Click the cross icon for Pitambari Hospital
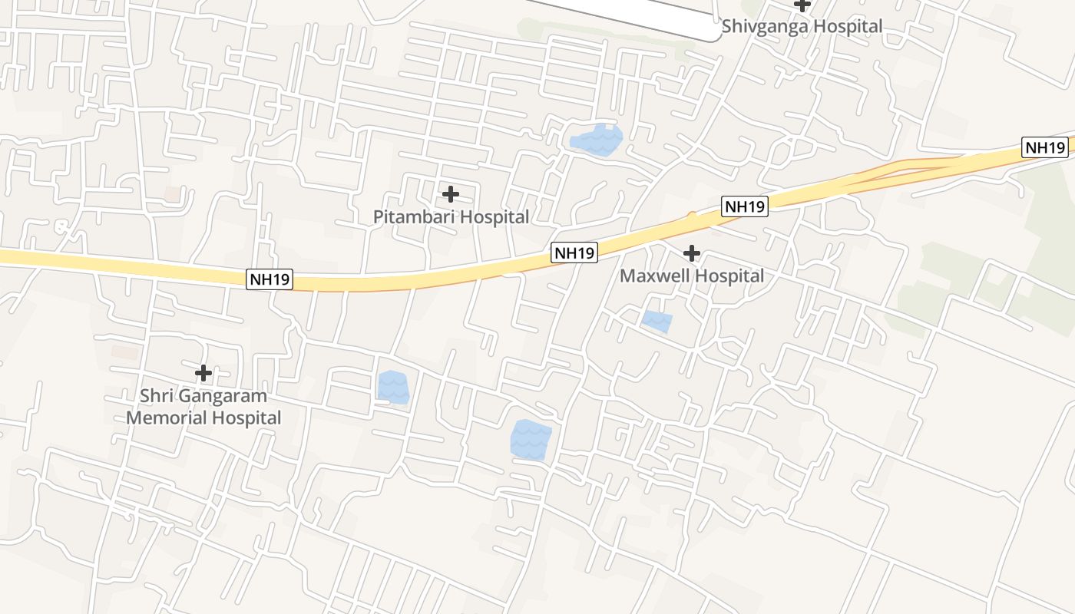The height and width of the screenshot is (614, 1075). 451,194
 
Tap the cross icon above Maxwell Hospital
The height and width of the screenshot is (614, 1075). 692,253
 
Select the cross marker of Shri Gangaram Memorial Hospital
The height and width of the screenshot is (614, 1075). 203,374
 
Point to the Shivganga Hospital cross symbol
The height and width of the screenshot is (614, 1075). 802,5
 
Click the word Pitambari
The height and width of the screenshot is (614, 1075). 412,217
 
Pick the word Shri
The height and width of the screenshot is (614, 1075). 157,397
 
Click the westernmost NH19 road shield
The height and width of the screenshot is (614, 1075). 270,279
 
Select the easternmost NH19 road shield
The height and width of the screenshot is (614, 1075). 1045,147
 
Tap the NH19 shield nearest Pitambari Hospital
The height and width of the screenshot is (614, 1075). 574,253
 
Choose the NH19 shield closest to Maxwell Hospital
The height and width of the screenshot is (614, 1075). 745,206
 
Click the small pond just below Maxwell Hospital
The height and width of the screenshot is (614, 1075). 657,321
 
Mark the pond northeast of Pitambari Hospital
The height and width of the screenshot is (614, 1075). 596,140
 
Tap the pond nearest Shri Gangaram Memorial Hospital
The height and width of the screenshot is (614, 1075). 393,386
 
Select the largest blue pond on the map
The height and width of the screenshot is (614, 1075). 531,440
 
